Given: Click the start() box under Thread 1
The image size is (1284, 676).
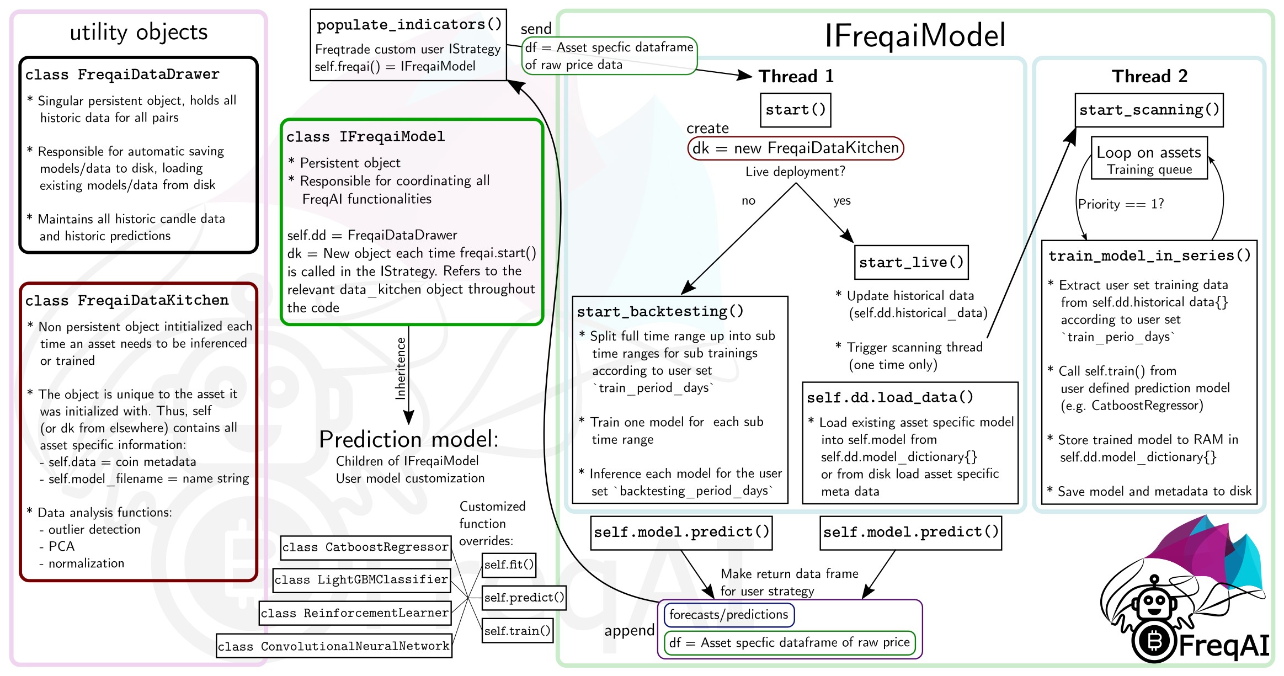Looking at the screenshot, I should click(795, 110).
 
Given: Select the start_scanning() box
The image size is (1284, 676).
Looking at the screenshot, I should click(1149, 110).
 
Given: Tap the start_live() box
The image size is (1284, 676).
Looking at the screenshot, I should click(911, 263).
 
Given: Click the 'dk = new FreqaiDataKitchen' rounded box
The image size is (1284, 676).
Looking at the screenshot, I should click(795, 148).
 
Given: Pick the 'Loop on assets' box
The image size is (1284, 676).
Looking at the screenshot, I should click(1149, 158).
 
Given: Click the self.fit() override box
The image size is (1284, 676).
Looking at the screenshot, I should click(509, 565).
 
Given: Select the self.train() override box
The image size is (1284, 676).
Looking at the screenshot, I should click(517, 631).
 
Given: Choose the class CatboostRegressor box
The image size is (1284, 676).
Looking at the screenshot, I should click(365, 547).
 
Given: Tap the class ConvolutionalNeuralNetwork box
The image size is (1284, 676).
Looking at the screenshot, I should click(334, 646).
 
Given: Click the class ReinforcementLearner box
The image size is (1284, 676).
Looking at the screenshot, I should click(355, 613).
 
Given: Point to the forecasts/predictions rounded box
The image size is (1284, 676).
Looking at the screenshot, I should click(728, 615).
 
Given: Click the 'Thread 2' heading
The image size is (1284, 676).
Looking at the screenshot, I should click(1149, 76).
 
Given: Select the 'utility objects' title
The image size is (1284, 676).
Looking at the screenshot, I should click(138, 32).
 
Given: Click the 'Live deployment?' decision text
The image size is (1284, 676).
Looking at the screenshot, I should click(795, 172).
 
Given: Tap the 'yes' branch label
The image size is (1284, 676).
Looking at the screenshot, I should click(841, 200).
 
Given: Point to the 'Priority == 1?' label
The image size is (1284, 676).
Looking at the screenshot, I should click(1121, 204).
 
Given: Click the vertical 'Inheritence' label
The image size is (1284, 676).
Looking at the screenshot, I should click(401, 368).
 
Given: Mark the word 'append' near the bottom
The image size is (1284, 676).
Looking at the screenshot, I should click(629, 631).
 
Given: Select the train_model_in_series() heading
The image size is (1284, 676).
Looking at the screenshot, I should click(1149, 256).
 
